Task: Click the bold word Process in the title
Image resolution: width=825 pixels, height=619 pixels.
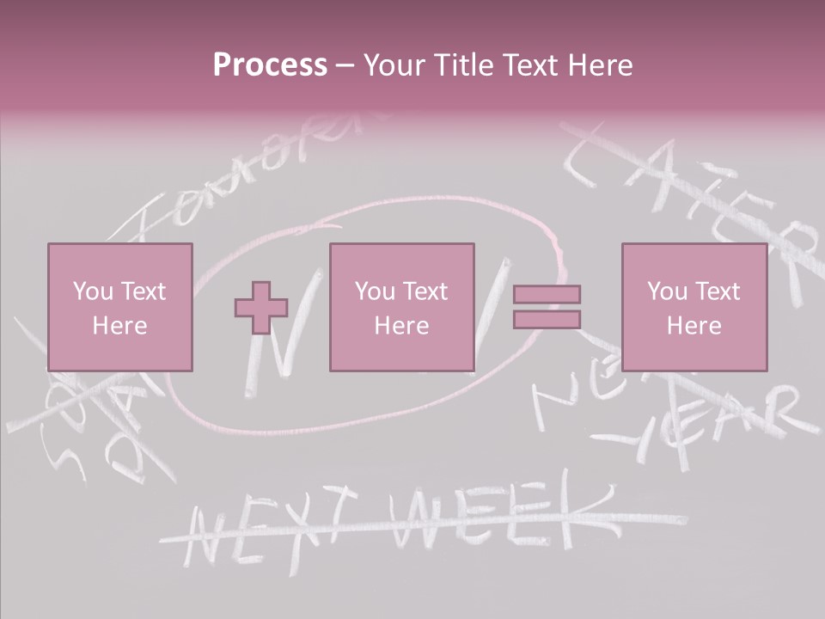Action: pos(270,65)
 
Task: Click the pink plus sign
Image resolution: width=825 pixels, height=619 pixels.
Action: pos(261,308)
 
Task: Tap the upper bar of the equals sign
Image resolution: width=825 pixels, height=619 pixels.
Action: pos(547,295)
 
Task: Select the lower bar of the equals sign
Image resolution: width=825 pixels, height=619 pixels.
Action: pos(547,320)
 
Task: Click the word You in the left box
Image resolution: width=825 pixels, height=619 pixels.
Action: pos(93,291)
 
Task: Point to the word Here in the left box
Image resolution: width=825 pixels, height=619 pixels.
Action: pos(119,325)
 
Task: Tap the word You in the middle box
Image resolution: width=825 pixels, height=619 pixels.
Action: pos(375,291)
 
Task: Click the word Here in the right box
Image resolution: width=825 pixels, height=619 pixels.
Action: pos(694,325)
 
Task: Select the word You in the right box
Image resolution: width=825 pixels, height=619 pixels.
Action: pos(667,291)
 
